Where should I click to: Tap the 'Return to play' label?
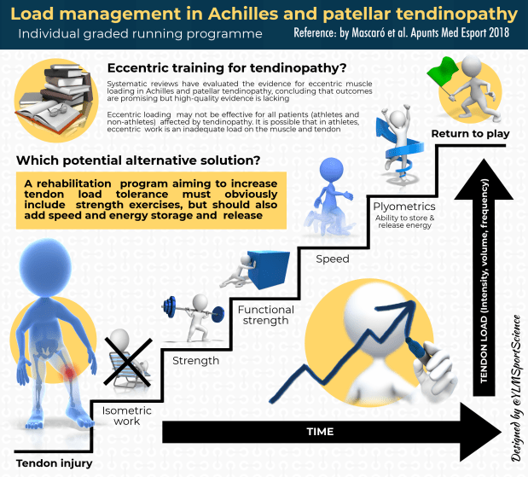[x=470, y=134]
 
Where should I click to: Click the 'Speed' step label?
[x=333, y=259]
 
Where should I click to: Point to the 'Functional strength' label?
[x=266, y=316]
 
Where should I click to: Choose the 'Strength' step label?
[x=195, y=360]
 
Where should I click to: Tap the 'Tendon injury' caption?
[x=54, y=463]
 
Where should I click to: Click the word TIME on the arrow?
[x=321, y=432]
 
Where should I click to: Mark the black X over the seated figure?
[x=129, y=364]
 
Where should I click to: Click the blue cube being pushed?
[x=265, y=270]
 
